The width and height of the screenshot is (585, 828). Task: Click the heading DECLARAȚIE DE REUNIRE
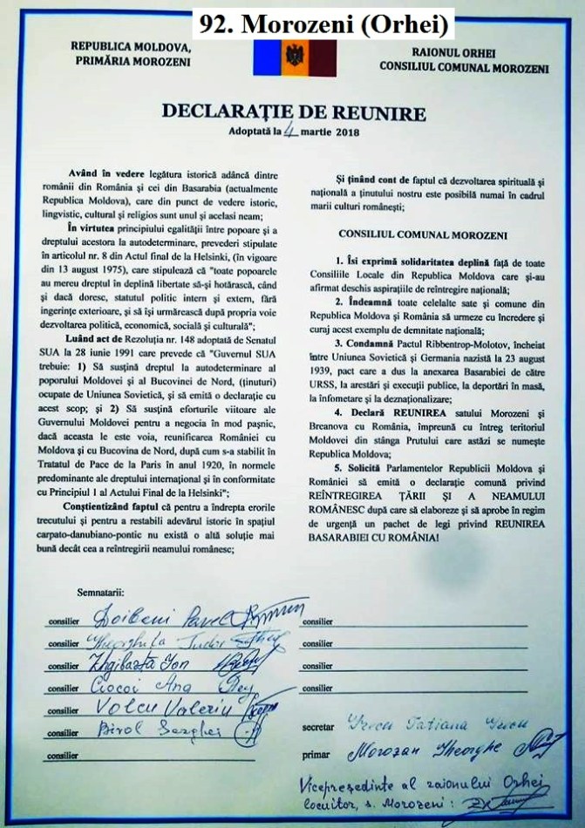pyautogui.click(x=293, y=113)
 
